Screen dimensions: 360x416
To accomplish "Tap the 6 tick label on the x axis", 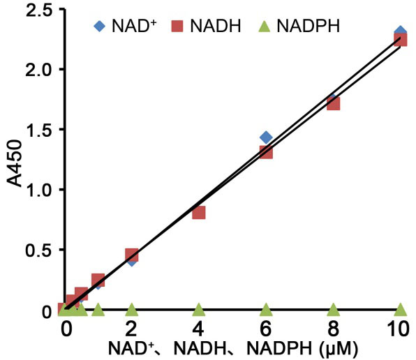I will [265, 327].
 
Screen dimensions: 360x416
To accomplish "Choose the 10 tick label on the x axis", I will [400, 327].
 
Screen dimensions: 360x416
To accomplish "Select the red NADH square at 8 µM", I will [333, 103].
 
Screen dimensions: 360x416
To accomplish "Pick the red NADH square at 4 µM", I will [198, 212].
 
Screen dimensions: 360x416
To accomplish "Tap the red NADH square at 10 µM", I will [400, 40].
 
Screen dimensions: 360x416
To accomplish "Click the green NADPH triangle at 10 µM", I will [400, 309].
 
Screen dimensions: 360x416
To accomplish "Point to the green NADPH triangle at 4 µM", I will [198, 309].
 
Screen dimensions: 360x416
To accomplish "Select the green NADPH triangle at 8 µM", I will [333, 309].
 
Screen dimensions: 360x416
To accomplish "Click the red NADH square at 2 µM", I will [131, 255].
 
